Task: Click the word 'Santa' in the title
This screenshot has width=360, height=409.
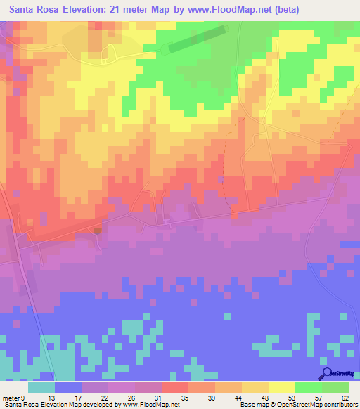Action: tap(26, 11)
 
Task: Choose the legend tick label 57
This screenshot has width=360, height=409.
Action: tap(316, 397)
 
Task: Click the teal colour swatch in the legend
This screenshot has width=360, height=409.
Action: tap(41, 387)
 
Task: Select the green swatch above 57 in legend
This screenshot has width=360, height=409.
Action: tap(309, 387)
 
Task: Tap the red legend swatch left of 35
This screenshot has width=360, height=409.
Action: tap(174, 387)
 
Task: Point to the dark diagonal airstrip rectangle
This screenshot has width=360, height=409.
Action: tap(197, 39)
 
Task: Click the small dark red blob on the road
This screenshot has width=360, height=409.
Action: tap(97, 229)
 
